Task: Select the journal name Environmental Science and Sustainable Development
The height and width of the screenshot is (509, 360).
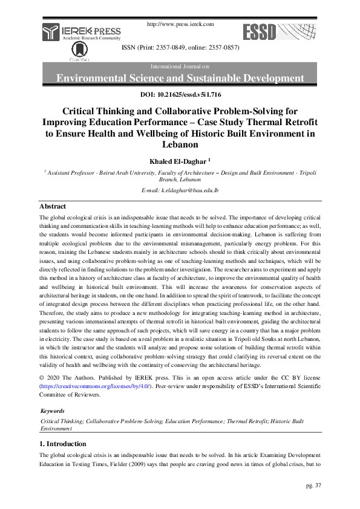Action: pos(180,78)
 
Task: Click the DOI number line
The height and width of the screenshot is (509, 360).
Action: pos(180,95)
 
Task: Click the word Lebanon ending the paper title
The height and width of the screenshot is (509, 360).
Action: pos(180,144)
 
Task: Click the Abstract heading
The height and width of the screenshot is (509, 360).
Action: pos(53,206)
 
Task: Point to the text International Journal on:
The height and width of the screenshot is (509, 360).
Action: pos(180,65)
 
